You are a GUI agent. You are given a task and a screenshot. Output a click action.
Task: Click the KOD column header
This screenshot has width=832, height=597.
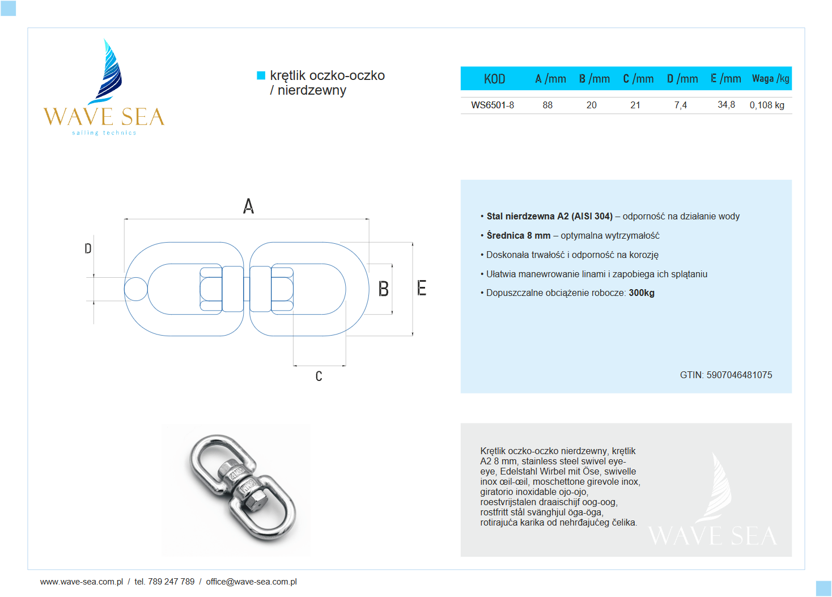click(494, 79)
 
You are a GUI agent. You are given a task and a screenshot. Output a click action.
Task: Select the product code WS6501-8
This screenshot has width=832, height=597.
click(493, 105)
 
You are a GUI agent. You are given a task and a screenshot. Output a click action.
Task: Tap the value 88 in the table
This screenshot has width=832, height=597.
click(547, 105)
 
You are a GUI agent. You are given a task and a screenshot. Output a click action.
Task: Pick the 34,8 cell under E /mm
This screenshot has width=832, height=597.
click(726, 105)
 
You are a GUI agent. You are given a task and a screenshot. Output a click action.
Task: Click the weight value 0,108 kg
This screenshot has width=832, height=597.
click(767, 105)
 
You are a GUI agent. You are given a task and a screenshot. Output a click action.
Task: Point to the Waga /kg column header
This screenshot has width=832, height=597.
click(770, 79)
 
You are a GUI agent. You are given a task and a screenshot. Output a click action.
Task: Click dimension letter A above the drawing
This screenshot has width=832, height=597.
click(248, 206)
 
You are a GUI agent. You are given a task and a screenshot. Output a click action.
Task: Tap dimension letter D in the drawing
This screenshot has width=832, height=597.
click(88, 248)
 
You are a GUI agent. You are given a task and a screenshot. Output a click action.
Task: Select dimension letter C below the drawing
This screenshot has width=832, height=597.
click(319, 376)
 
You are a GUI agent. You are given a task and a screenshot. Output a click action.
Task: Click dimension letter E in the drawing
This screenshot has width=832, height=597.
click(422, 288)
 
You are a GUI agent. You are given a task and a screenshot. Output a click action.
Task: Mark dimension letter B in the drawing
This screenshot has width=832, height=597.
click(384, 289)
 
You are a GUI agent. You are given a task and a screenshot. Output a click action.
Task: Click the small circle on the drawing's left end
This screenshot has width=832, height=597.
click(135, 289)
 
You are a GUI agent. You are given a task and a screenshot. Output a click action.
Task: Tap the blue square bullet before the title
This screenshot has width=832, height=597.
click(261, 75)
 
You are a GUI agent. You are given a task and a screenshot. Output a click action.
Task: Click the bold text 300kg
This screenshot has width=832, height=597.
click(642, 293)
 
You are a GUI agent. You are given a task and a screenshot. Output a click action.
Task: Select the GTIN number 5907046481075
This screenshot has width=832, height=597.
click(739, 375)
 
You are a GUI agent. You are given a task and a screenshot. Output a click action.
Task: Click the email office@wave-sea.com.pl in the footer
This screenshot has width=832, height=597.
click(251, 582)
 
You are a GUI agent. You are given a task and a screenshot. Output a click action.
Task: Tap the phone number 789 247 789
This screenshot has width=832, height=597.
click(171, 582)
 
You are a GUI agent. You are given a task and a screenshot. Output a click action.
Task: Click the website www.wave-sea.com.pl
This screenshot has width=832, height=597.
click(82, 582)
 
